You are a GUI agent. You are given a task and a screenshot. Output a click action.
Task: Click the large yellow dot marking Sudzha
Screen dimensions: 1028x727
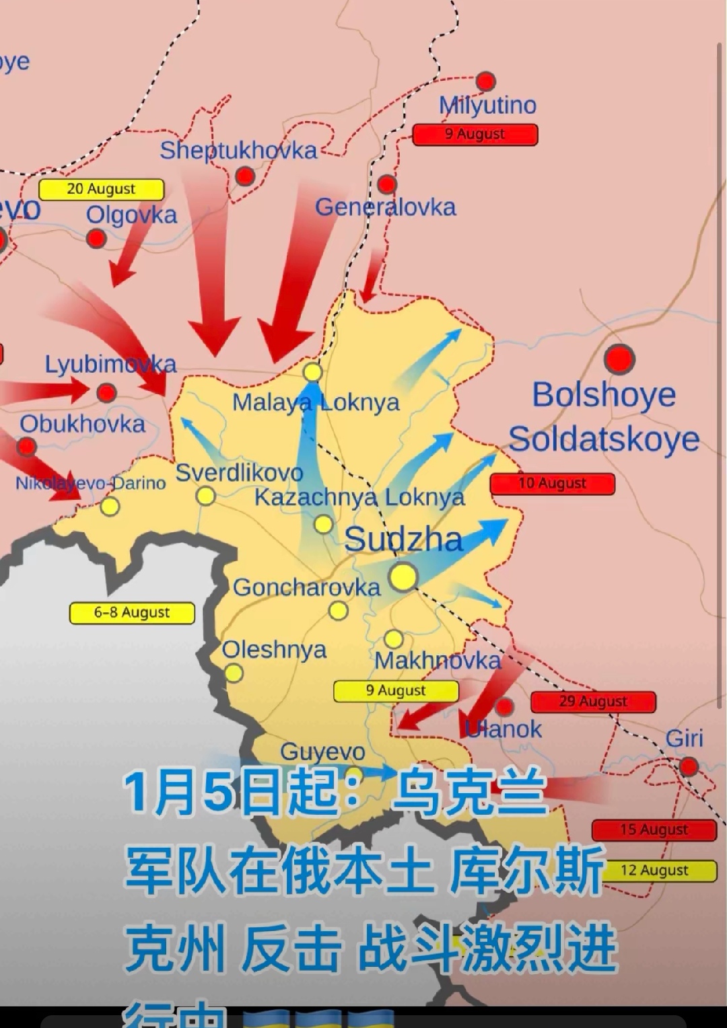(x=403, y=577)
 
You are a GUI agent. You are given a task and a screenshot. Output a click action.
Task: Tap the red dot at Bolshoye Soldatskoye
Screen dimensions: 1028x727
(x=619, y=359)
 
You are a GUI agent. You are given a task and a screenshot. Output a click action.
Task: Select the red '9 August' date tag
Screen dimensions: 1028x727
(x=475, y=135)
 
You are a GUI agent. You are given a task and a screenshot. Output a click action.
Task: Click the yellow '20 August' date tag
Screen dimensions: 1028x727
(x=101, y=190)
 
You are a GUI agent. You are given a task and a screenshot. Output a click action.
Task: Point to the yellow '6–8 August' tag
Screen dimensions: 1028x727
(x=132, y=613)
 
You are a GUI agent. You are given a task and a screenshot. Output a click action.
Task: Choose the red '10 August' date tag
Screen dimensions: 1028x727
(x=552, y=484)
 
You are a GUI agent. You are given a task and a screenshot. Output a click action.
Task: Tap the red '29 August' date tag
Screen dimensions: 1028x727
(x=592, y=702)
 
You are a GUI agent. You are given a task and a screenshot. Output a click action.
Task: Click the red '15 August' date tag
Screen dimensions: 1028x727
(x=654, y=830)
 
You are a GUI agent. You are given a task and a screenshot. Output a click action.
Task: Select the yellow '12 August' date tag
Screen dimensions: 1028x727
(x=654, y=871)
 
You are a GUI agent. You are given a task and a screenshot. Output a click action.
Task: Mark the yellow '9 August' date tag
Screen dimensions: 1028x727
(x=396, y=691)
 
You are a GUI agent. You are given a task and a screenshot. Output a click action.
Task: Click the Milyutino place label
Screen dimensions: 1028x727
(x=487, y=106)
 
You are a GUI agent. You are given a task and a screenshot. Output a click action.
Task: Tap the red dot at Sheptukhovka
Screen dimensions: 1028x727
(x=245, y=176)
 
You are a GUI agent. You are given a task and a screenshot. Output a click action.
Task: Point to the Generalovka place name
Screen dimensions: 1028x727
(x=385, y=207)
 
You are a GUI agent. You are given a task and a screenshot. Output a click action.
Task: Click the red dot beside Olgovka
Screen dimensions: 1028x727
(x=96, y=238)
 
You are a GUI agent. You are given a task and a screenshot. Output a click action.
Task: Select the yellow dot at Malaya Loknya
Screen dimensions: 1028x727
(x=312, y=372)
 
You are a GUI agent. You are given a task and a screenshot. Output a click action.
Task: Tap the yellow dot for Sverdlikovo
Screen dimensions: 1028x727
(x=205, y=496)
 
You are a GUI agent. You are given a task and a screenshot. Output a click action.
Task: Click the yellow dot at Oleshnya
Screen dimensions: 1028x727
(x=234, y=673)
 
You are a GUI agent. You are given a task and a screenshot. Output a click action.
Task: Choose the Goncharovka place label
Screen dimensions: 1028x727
(x=306, y=587)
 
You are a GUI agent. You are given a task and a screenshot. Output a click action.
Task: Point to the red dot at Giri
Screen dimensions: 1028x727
(x=689, y=766)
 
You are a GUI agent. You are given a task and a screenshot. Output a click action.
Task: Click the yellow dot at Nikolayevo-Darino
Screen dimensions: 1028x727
(x=110, y=506)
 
